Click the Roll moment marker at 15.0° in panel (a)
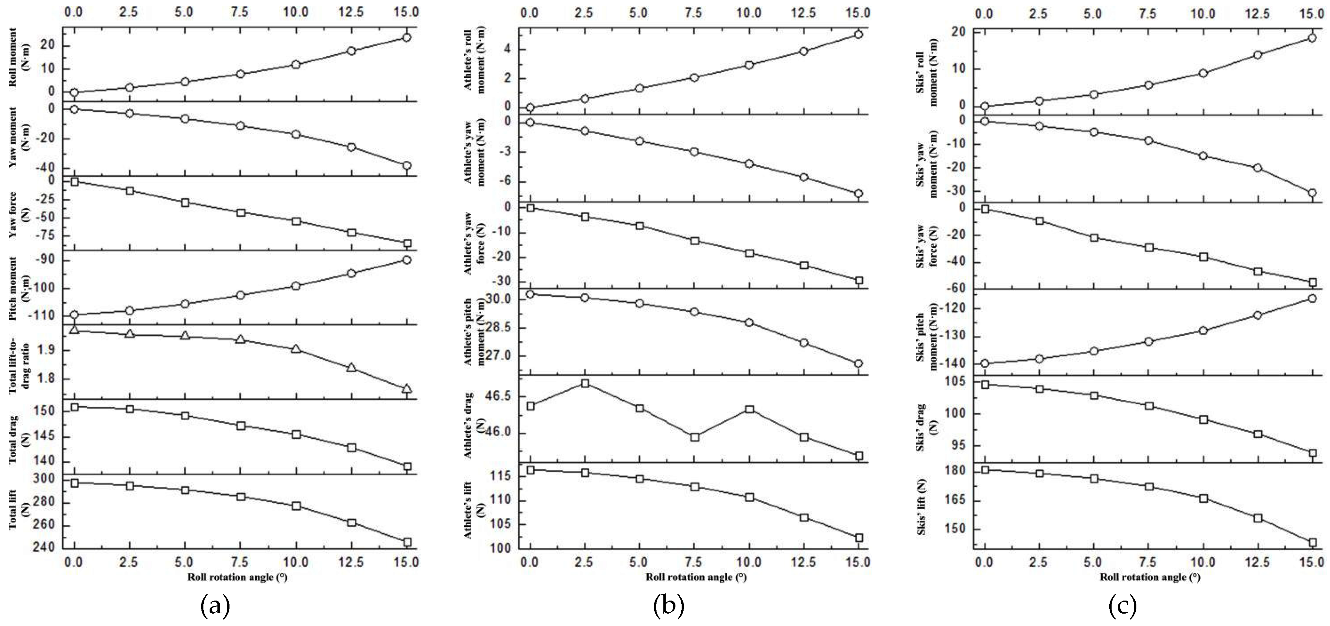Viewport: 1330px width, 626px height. [406, 37]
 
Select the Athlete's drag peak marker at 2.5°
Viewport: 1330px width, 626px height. [585, 383]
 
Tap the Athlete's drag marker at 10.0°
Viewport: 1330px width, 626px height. [749, 409]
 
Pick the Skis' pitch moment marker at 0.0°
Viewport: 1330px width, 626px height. [984, 364]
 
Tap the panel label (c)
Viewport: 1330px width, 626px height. [1122, 606]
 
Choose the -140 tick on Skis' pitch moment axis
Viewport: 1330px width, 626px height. [952, 364]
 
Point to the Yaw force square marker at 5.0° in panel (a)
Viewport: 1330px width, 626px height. [185, 202]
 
